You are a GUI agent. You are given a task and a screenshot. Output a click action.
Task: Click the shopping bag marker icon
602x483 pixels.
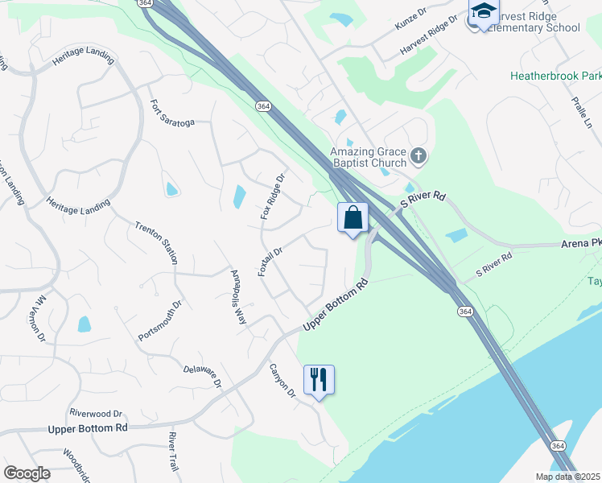coord(353,217)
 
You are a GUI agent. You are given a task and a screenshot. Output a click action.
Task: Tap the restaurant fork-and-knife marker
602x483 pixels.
coord(319,380)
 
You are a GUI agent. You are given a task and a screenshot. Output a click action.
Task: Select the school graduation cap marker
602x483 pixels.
coord(483,12)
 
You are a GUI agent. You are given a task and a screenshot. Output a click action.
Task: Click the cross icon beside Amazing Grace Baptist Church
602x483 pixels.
coord(418,155)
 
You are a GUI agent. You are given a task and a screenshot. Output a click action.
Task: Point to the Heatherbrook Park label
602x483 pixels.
coord(555,76)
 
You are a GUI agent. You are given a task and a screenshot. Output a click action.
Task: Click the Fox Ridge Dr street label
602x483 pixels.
coord(274,197)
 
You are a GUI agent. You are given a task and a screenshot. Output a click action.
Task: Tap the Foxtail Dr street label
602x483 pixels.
coord(270,262)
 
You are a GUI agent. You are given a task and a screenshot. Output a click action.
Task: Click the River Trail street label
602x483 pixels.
coord(172,451)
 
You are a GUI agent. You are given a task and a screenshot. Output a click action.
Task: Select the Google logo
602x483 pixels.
coord(27,473)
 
